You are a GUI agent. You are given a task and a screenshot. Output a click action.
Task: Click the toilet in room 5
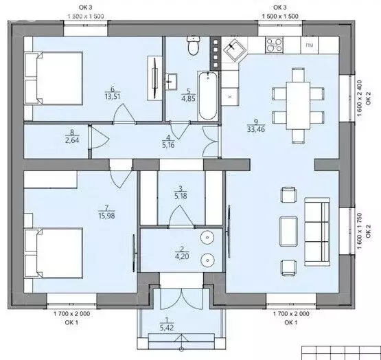pyautogui.click(x=194, y=45)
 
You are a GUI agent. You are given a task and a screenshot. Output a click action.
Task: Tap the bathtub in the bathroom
pyautogui.click(x=208, y=95)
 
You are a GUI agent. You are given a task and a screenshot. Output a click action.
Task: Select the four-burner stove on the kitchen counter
pyautogui.click(x=275, y=45)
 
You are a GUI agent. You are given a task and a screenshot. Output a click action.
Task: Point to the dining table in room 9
pyautogui.click(x=298, y=106)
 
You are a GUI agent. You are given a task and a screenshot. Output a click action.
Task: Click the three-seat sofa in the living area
pyautogui.click(x=317, y=232)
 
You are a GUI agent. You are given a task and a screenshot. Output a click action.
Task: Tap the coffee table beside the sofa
pyautogui.click(x=288, y=232)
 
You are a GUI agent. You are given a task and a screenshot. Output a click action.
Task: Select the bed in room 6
pyautogui.click(x=54, y=78)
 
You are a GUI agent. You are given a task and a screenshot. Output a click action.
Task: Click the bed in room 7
pyautogui.click(x=54, y=253)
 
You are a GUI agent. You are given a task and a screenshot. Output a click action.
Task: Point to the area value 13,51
pyautogui.click(x=113, y=97)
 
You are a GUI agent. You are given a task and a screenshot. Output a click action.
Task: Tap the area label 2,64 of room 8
pyautogui.click(x=72, y=140)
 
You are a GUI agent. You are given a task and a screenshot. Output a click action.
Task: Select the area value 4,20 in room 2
pyautogui.click(x=182, y=256)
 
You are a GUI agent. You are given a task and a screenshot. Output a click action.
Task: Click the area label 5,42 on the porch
pyautogui.click(x=167, y=328)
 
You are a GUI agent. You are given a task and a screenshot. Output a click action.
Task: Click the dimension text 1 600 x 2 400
pyautogui.click(x=360, y=98)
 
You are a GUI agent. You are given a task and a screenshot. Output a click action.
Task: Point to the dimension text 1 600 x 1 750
pyautogui.click(x=360, y=231)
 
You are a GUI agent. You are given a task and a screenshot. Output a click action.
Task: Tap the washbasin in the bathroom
pyautogui.click(x=172, y=82)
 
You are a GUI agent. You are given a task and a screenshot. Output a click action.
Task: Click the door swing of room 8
pyautogui.click(x=100, y=137)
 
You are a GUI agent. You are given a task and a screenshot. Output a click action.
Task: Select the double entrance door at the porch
pyautogui.click(x=181, y=299)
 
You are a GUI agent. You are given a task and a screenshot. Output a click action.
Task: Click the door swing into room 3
pyautogui.click(x=181, y=216)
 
